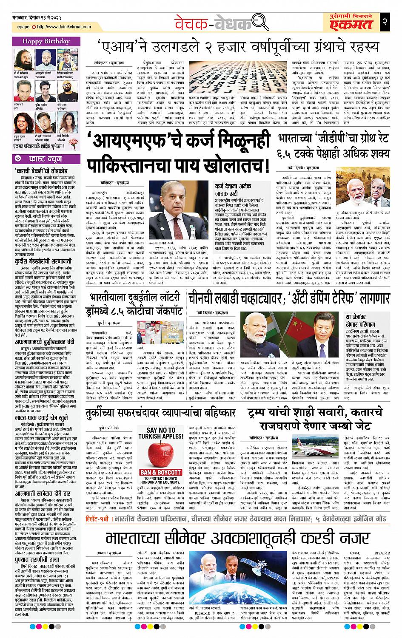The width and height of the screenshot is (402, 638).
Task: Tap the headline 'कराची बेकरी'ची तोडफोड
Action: (x=40, y=171)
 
